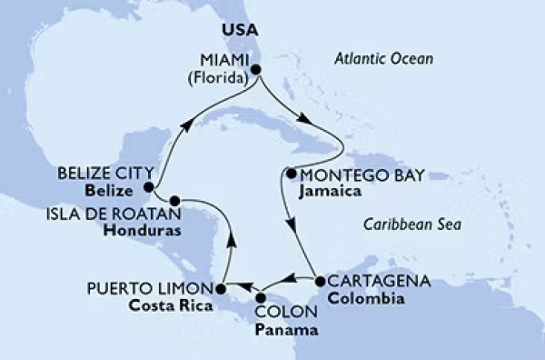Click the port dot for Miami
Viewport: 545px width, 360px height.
(x=256, y=69)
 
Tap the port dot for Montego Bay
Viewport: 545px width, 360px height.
(x=290, y=173)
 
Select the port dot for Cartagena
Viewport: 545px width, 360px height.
(x=319, y=281)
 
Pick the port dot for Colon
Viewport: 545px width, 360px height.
(x=261, y=296)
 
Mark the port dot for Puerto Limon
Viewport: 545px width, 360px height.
(x=220, y=288)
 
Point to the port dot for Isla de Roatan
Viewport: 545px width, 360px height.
(x=173, y=199)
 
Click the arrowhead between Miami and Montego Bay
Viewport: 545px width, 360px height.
(x=304, y=129)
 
